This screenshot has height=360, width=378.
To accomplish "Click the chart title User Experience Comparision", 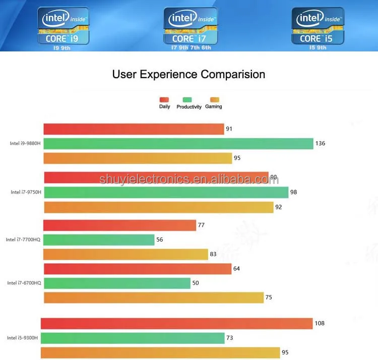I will click(x=188, y=75).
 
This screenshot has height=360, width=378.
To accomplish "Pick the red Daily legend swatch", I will click(x=164, y=100).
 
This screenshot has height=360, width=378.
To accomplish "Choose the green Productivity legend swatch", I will click(x=187, y=100).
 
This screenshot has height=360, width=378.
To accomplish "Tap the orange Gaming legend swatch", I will click(x=214, y=100).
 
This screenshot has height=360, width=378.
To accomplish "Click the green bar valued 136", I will click(x=178, y=144).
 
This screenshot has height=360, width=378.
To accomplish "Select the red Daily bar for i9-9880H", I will click(x=134, y=129).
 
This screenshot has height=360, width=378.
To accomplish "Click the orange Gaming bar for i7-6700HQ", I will click(x=154, y=297).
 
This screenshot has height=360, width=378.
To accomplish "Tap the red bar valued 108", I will click(x=176, y=323).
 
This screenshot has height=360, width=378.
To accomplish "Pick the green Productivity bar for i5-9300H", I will click(x=133, y=338).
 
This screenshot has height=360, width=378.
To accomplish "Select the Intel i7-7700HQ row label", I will click(x=23, y=240).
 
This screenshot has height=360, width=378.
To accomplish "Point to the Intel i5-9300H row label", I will click(x=22, y=338).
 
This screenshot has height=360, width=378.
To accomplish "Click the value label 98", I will click(x=294, y=192).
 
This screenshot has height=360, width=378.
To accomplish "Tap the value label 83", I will click(x=213, y=254).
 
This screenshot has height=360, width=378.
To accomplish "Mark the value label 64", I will click(x=236, y=269).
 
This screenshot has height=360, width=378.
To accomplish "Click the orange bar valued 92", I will click(x=159, y=207).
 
